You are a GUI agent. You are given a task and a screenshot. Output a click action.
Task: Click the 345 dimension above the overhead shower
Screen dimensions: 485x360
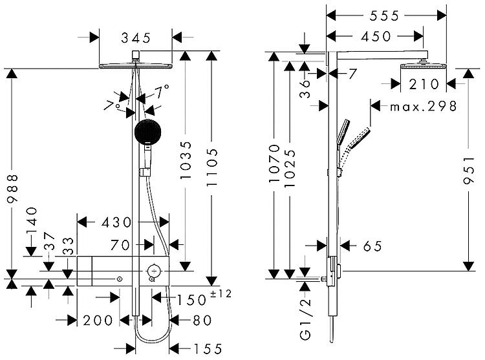136,38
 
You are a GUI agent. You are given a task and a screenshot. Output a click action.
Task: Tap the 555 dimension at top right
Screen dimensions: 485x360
385,16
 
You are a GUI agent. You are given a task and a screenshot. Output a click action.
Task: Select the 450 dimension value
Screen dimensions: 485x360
376,36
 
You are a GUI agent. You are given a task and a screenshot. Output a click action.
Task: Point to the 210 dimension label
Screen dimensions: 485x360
424,84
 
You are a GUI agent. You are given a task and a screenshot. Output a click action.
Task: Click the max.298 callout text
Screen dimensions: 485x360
423,107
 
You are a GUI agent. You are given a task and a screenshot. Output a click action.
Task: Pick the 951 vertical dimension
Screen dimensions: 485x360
469,170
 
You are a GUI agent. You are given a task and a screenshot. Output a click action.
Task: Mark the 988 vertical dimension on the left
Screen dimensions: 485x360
13,189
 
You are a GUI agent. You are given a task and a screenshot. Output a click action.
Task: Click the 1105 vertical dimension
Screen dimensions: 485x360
212,167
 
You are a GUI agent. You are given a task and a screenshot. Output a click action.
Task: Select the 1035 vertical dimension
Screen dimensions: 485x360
186,160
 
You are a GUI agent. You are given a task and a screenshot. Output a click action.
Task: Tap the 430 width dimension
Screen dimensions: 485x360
117,222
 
